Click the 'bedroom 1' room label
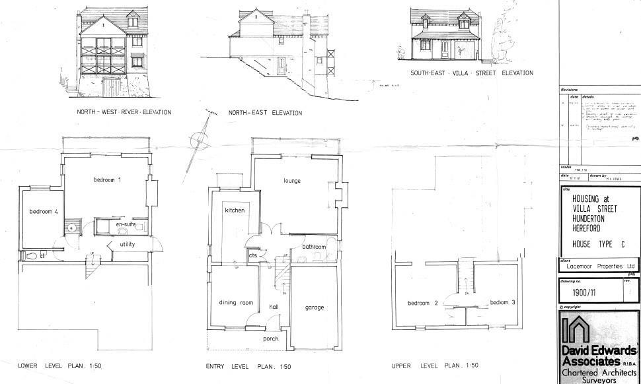click(x=107, y=179)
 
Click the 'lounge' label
click(x=292, y=181)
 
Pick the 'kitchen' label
click(x=235, y=210)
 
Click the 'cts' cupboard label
click(x=252, y=255)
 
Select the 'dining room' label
click(x=236, y=303)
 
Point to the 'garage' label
click(x=314, y=307)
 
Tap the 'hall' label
click(x=274, y=307)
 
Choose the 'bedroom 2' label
click(x=423, y=304)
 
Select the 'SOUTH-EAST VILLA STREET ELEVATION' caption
click(x=471, y=73)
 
